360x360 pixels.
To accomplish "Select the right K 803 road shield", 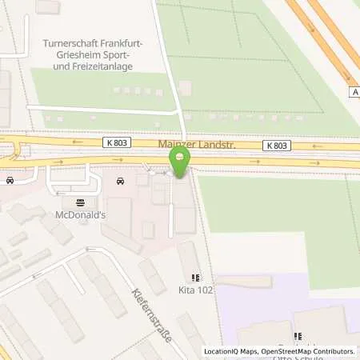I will (x=275, y=146).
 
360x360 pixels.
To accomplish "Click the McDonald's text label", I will (x=81, y=215).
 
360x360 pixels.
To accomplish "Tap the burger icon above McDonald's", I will (x=80, y=202).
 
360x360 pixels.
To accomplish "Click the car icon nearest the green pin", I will (x=121, y=181).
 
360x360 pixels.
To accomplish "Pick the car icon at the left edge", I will (x=10, y=180).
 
